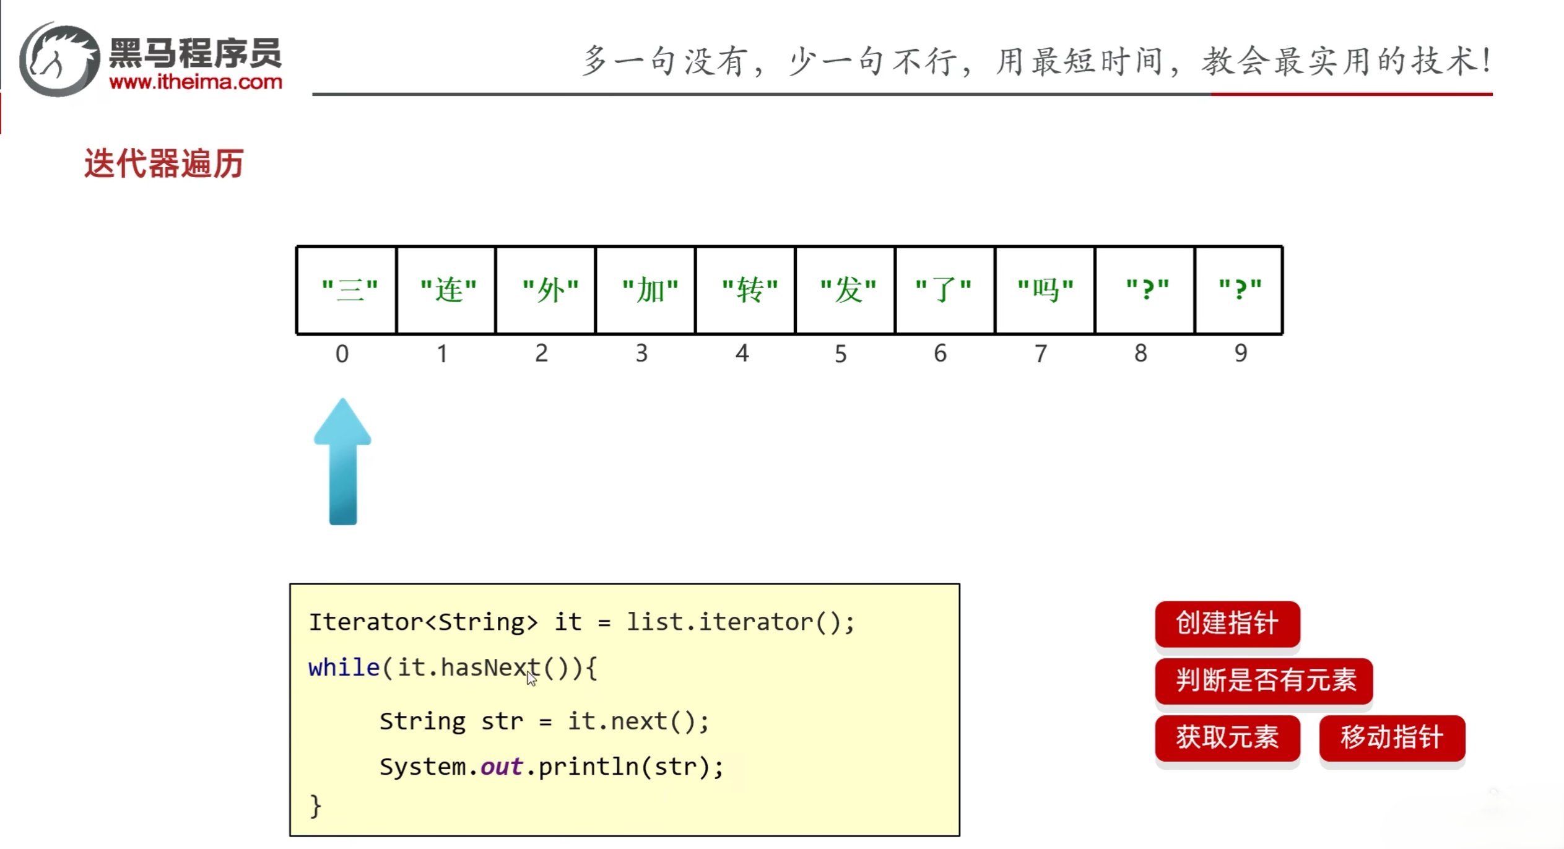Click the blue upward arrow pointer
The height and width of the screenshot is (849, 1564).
point(342,461)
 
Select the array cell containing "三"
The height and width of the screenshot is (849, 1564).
point(347,290)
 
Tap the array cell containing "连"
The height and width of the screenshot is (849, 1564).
point(446,290)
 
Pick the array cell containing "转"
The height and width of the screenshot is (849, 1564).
point(746,290)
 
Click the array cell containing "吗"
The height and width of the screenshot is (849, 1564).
point(1045,290)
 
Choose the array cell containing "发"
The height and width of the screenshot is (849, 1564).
point(846,290)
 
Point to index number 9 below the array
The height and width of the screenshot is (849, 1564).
point(1240,353)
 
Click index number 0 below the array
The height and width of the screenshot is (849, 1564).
point(342,354)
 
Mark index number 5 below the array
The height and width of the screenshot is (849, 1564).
point(840,354)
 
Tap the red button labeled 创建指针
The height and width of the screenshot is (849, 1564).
point(1227,624)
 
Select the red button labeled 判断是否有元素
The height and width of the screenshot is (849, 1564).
point(1264,681)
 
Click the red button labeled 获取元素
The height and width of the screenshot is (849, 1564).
point(1227,738)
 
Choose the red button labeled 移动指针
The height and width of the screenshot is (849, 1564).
point(1391,738)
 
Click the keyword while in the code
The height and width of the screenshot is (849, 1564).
point(344,668)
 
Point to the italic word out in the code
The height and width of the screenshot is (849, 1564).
point(502,767)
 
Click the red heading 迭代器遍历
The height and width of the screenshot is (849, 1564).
point(164,164)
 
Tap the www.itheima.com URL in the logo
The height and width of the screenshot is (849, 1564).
point(196,82)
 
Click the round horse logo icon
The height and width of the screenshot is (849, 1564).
point(59,59)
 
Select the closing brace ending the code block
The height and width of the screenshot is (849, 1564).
point(316,806)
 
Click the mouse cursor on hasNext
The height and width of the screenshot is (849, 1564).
point(531,678)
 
